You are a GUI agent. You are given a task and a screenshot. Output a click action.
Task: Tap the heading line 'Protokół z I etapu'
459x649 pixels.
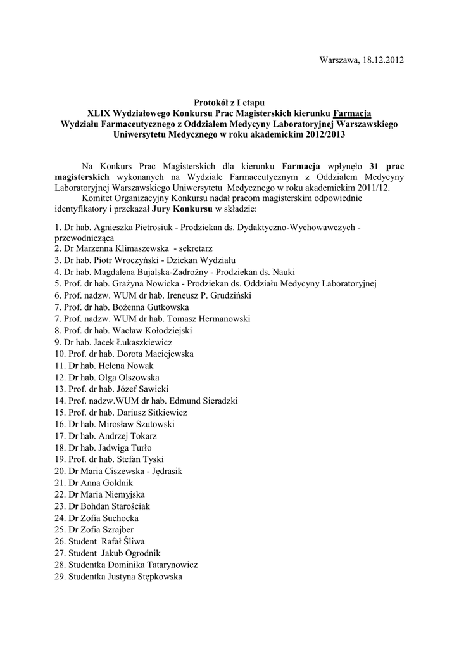pyautogui.click(x=229, y=101)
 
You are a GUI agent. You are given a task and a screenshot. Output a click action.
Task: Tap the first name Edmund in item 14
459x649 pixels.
pyautogui.click(x=190, y=401)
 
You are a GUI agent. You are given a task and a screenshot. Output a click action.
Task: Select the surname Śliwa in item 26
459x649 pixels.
pyautogui.click(x=132, y=541)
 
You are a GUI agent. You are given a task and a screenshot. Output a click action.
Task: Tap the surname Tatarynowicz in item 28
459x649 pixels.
pyautogui.click(x=168, y=564)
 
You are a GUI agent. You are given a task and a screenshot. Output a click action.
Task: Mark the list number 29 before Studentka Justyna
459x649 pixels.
pyautogui.click(x=60, y=576)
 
